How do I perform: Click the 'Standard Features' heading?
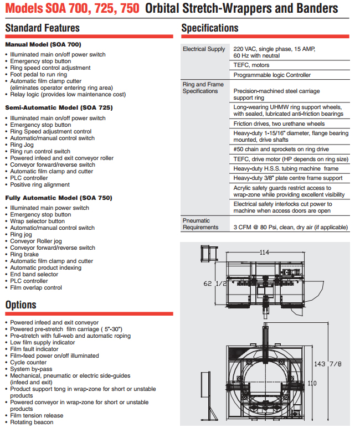tap(43, 28)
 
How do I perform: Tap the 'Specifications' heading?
tap(210, 28)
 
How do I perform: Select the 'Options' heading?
tap(21, 305)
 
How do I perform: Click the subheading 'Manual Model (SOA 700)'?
tap(43, 44)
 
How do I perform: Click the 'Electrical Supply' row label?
tap(204, 49)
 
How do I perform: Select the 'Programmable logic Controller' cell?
tap(272, 75)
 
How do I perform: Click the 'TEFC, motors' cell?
tap(251, 65)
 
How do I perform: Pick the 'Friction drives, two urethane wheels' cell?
tap(279, 124)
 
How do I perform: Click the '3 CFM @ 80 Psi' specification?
tap(291, 227)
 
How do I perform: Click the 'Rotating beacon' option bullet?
tap(32, 422)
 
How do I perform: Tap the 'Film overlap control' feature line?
tap(36, 288)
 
